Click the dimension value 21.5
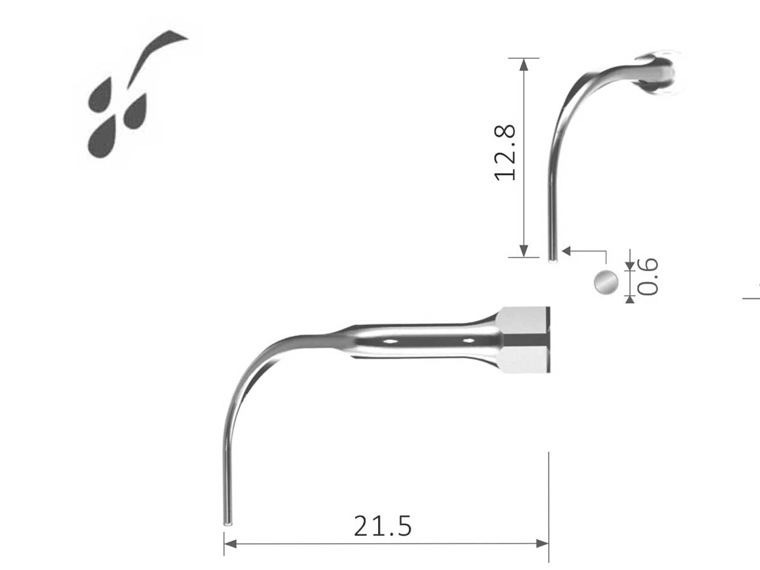coord(383,526)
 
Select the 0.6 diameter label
coord(648,277)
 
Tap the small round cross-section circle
coord(605,281)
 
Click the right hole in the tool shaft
coord(469,341)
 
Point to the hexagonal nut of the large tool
coord(524,340)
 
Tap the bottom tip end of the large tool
coord(227,523)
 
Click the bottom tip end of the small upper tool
coord(552,258)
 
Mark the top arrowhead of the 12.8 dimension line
coord(523,64)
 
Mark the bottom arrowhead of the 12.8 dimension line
coord(523,251)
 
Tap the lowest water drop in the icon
coord(101,137)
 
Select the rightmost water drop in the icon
coord(136,111)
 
